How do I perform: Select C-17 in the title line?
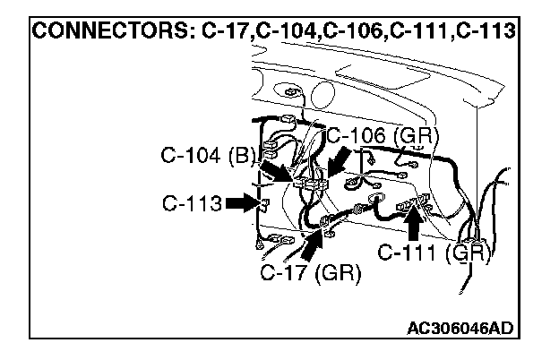[225, 30]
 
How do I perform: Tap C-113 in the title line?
[486, 30]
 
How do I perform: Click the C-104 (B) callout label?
[208, 156]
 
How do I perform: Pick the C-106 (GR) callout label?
[383, 136]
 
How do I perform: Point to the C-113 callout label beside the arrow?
[192, 203]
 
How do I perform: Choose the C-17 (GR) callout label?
[311, 273]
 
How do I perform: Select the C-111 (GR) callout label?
[434, 253]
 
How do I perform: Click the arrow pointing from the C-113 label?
[243, 203]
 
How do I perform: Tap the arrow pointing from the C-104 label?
[278, 171]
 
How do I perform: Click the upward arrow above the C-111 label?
[414, 223]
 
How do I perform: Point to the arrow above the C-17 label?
[313, 245]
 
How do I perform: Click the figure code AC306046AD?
[460, 328]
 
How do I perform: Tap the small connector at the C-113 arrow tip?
[265, 204]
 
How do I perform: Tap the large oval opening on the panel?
[322, 94]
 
